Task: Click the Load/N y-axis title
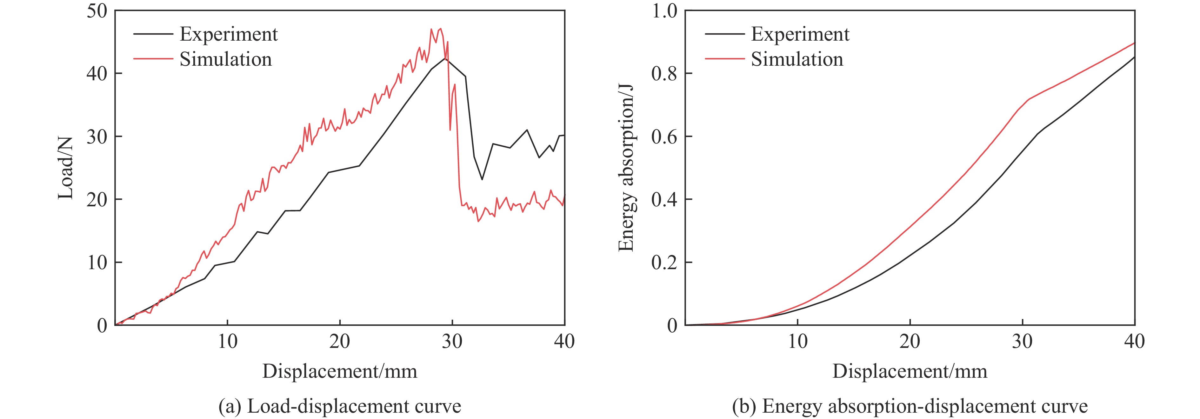coord(66,168)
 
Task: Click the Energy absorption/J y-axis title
coord(626,168)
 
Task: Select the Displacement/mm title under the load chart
coord(340,371)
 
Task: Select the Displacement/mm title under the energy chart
coord(910,371)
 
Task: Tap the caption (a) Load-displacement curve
coord(340,406)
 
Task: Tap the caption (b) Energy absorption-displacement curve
coord(910,406)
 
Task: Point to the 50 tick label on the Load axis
coord(97,11)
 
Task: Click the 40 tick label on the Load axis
coord(97,74)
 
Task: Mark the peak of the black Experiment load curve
coord(445,58)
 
